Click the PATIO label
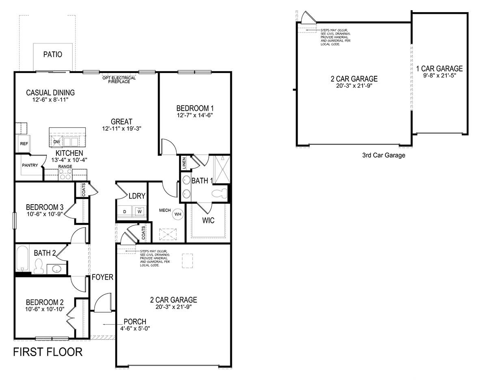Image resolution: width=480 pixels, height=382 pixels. pyautogui.click(x=53, y=54)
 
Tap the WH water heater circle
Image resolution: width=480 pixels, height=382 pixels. pyautogui.click(x=178, y=214)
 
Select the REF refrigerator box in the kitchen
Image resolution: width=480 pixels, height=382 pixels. pyautogui.click(x=23, y=144)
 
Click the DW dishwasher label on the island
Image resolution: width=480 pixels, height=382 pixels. pyautogui.click(x=56, y=142)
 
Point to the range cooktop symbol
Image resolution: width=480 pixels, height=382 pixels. pyautogui.click(x=65, y=175)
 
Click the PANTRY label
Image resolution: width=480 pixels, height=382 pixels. pyautogui.click(x=30, y=165)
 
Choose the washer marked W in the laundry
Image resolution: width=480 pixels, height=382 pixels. pyautogui.click(x=139, y=212)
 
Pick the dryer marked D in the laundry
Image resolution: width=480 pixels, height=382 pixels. pyautogui.click(x=125, y=212)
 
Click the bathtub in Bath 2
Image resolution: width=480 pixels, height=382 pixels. pyautogui.click(x=22, y=259)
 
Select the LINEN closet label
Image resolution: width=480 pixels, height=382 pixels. pyautogui.click(x=184, y=164)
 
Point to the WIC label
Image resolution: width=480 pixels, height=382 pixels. pyautogui.click(x=208, y=221)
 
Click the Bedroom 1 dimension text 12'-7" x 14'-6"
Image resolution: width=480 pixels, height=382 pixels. pyautogui.click(x=195, y=115)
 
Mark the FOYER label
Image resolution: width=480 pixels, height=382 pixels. pyautogui.click(x=102, y=277)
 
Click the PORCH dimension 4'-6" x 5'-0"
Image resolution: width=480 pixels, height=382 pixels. pyautogui.click(x=135, y=328)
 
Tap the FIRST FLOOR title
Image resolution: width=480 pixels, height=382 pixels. pyautogui.click(x=48, y=352)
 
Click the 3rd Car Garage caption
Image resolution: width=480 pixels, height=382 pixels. pyautogui.click(x=383, y=155)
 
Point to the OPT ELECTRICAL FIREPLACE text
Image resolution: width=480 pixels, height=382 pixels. pyautogui.click(x=119, y=80)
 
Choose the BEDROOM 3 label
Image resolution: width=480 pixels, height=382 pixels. pyautogui.click(x=45, y=207)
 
